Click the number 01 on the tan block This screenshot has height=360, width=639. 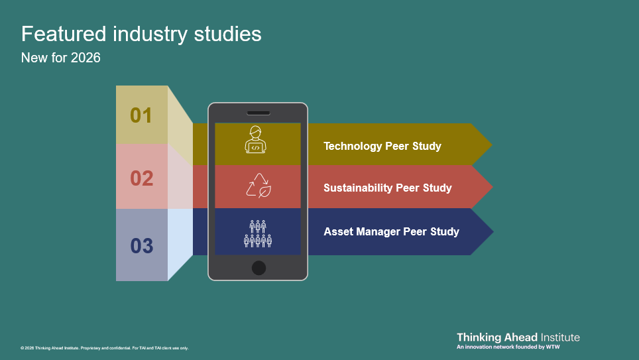[141, 115]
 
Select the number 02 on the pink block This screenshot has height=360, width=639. [141, 178]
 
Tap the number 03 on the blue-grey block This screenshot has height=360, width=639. [141, 246]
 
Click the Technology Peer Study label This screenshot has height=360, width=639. [382, 146]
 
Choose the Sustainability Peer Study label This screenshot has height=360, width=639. [388, 188]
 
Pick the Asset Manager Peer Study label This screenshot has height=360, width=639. [391, 231]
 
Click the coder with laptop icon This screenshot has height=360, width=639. [255, 139]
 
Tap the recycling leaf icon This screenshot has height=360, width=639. [259, 186]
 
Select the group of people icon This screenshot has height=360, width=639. [258, 233]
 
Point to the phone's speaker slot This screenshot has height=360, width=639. [259, 113]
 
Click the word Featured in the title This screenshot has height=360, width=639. [64, 33]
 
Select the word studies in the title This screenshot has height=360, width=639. [227, 33]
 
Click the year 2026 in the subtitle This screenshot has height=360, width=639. [86, 58]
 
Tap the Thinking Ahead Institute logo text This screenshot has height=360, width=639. [518, 337]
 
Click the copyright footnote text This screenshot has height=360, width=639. [104, 348]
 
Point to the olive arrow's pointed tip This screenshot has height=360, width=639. [493, 145]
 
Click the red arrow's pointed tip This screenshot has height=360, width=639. [493, 187]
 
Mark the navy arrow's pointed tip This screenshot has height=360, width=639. [494, 231]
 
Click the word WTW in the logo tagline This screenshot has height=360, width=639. [553, 347]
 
